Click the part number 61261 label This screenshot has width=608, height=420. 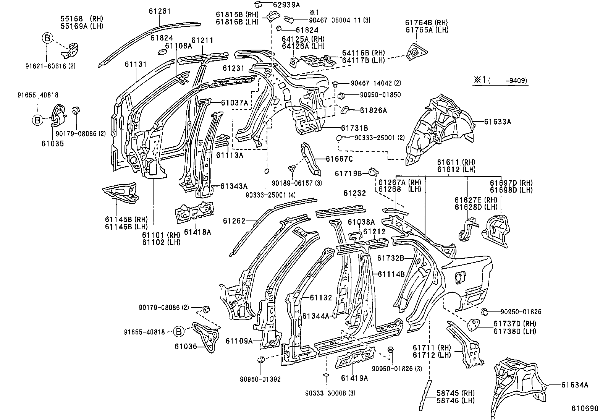click(x=160, y=11)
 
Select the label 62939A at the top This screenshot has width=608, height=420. click(x=286, y=5)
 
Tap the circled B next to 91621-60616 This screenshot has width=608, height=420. click(x=47, y=38)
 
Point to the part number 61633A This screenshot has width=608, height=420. click(x=497, y=122)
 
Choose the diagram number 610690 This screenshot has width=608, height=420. click(x=585, y=409)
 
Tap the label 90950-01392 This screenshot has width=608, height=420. click(x=260, y=379)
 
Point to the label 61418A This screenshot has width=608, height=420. click(x=197, y=232)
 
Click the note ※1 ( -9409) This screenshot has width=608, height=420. click(x=500, y=80)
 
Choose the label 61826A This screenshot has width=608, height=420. click(x=373, y=110)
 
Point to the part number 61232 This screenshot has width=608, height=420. click(x=354, y=193)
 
